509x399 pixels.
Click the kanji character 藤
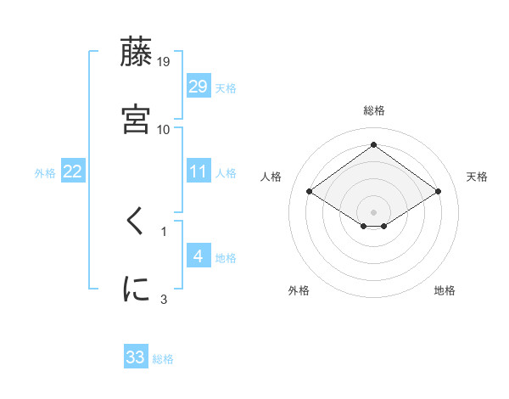pyautogui.click(x=137, y=53)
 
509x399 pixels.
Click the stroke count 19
pyautogui.click(x=164, y=61)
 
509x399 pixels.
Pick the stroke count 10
pyautogui.click(x=164, y=129)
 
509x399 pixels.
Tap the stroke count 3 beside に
pyautogui.click(x=164, y=298)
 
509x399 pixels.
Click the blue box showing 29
pyautogui.click(x=199, y=86)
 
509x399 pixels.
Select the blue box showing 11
pyautogui.click(x=199, y=171)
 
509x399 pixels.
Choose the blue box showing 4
pyautogui.click(x=199, y=256)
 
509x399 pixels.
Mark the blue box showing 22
pyautogui.click(x=73, y=171)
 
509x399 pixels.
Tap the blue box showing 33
pyautogui.click(x=136, y=357)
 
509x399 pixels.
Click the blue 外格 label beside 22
pyautogui.click(x=45, y=173)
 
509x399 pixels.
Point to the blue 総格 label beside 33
pyautogui.click(x=163, y=359)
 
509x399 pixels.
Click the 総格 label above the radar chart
pyautogui.click(x=374, y=110)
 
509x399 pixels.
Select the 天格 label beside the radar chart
pyautogui.click(x=477, y=177)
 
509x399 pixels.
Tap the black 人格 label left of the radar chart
pyautogui.click(x=271, y=177)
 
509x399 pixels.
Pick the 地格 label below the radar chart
pyautogui.click(x=445, y=290)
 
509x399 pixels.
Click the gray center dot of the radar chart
pyautogui.click(x=374, y=211)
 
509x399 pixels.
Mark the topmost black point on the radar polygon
pyautogui.click(x=374, y=145)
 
